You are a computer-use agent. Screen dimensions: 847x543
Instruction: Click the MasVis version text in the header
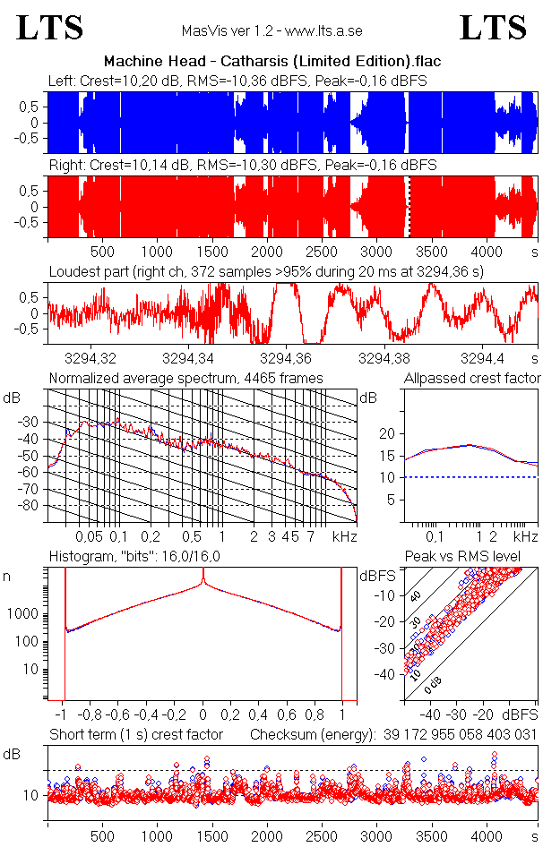[x=271, y=30]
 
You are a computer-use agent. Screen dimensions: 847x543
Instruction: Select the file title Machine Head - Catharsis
[x=272, y=61]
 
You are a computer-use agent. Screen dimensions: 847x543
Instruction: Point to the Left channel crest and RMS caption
[x=237, y=81]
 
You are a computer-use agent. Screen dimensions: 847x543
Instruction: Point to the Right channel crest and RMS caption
[x=243, y=166]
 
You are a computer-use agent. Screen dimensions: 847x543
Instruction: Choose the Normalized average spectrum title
[x=185, y=378]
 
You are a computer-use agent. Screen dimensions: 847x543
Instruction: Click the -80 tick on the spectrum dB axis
[x=30, y=506]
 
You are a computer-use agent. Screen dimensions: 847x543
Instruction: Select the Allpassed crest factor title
[x=472, y=378]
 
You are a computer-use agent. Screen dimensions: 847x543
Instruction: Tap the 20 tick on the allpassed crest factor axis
[x=387, y=433]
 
